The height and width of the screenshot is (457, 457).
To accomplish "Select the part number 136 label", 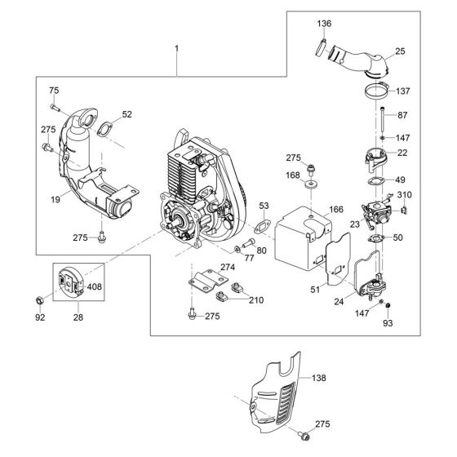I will [x=324, y=24].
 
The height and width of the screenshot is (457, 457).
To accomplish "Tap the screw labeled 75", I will [x=55, y=107].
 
